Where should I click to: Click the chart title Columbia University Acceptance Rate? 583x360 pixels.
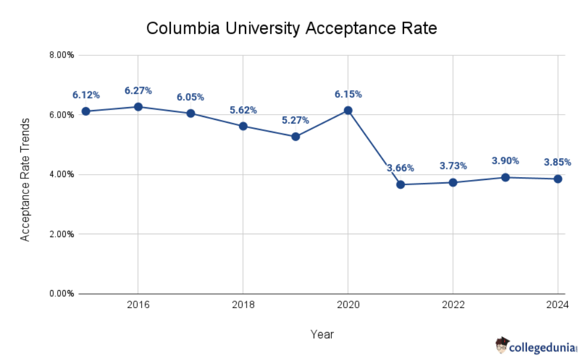coord(291,28)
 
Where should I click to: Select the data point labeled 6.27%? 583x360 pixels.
coord(138,107)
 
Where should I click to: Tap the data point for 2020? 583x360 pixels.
coord(348,110)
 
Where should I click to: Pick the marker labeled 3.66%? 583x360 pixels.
coord(401,184)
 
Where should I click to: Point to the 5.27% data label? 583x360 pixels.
coord(296,121)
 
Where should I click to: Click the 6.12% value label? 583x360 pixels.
coord(86,95)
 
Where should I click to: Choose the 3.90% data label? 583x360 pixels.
coord(505,161)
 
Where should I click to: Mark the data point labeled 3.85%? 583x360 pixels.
coord(558,179)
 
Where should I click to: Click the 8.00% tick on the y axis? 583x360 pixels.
coord(61,55)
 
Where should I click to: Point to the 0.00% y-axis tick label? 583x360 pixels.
coord(61,294)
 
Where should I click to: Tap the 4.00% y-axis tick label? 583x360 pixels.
coord(61,174)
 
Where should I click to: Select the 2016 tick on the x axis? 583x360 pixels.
coord(138,305)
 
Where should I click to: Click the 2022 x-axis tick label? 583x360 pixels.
coord(453,305)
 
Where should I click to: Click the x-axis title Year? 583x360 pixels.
coord(322,334)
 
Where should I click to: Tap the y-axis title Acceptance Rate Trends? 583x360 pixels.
coord(25,179)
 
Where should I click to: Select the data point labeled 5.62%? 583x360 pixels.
coord(243,126)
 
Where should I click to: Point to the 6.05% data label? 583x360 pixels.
coord(191,97)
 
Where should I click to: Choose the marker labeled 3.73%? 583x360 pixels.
coord(453,182)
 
